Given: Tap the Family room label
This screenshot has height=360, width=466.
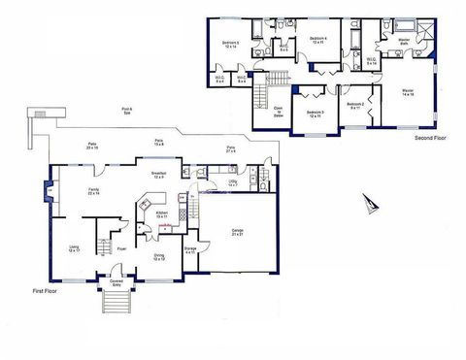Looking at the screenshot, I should [x=93, y=191].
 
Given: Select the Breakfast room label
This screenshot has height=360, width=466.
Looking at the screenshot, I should [x=157, y=175].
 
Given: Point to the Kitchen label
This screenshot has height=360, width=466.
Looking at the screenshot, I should [x=162, y=214].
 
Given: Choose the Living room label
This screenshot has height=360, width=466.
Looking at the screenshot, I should [x=74, y=249].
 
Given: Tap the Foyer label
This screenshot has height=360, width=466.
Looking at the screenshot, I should [x=122, y=248].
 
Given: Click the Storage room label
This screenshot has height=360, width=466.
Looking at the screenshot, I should [x=190, y=250].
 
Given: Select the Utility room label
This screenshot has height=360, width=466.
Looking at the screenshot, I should [x=233, y=182].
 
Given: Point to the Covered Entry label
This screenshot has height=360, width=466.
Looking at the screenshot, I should [x=116, y=283].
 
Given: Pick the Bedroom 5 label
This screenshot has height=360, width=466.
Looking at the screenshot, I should [x=230, y=45].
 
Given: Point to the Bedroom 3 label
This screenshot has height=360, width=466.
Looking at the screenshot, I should [x=314, y=114].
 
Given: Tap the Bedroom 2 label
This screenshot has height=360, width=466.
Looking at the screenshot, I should [x=356, y=106].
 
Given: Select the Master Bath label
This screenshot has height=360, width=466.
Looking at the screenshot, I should [x=402, y=42].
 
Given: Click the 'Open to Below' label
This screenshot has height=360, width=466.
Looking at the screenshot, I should [x=278, y=111].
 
